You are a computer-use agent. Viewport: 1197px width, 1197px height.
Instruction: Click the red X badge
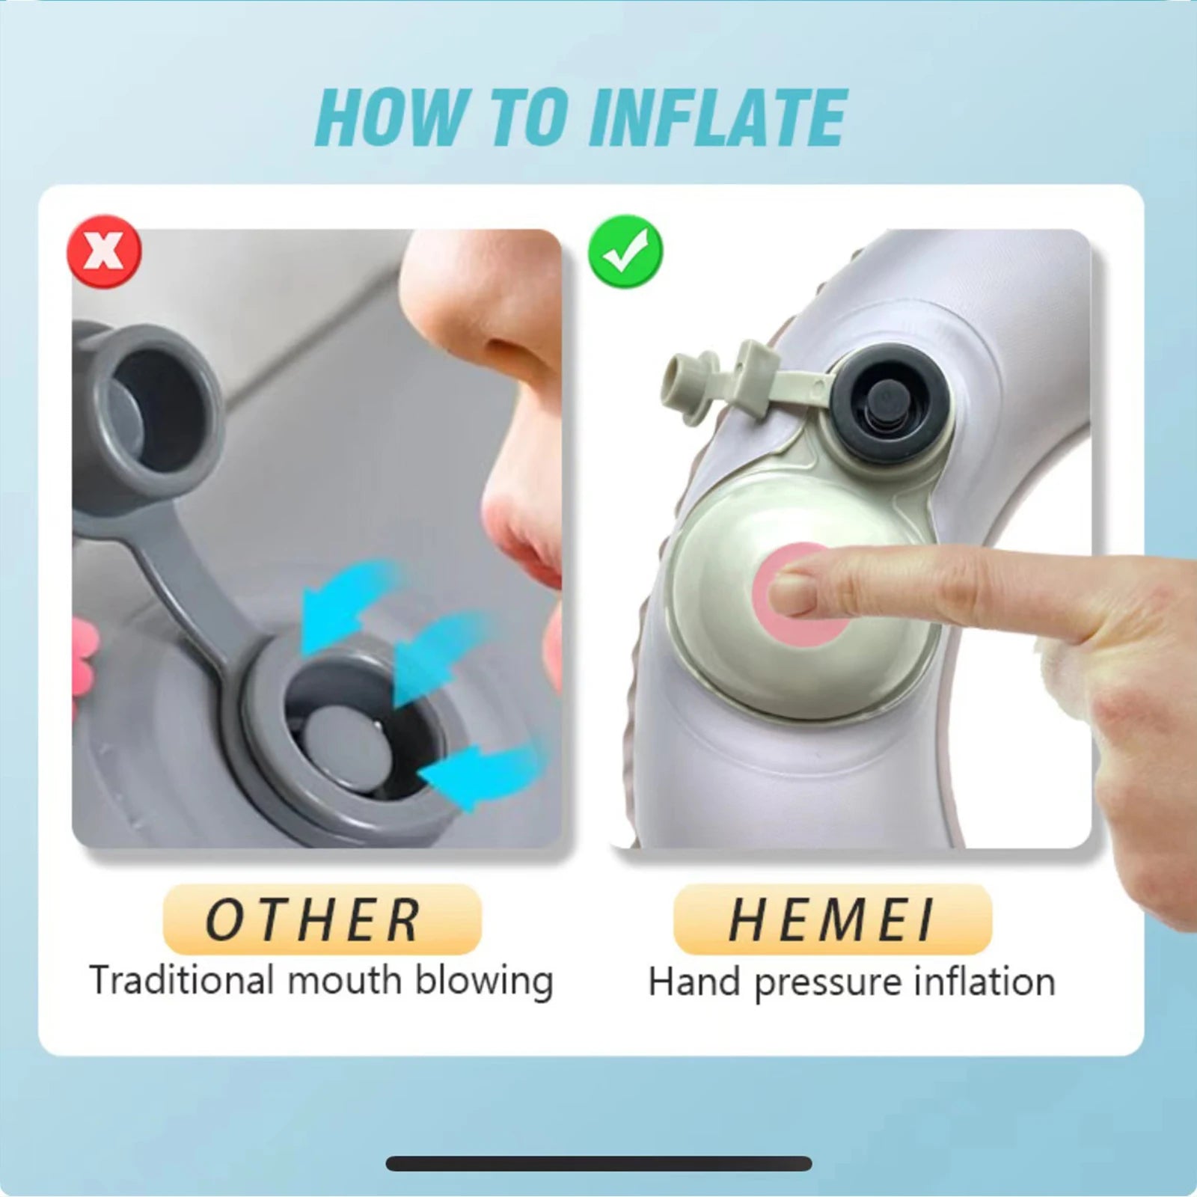pyautogui.click(x=104, y=251)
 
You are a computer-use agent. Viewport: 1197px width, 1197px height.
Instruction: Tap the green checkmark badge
pyautogui.click(x=625, y=251)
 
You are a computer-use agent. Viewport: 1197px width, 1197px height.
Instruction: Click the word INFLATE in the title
pyautogui.click(x=718, y=118)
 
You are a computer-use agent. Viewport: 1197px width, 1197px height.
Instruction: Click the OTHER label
pyautogui.click(x=322, y=919)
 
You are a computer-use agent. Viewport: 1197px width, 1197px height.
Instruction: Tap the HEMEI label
pyautogui.click(x=832, y=919)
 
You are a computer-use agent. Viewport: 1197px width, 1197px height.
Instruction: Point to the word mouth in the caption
pyautogui.click(x=345, y=980)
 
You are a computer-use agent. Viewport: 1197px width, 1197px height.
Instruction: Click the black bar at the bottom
pyautogui.click(x=598, y=1163)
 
